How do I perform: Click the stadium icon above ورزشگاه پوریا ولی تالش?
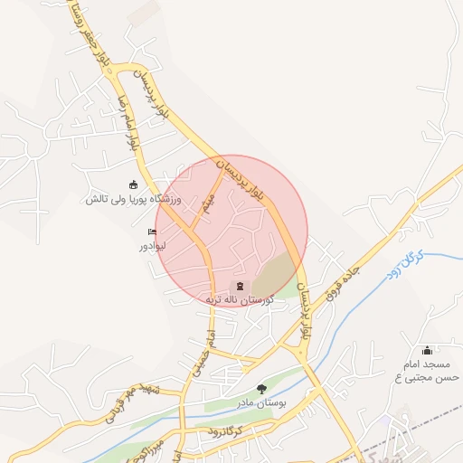click(x=135, y=184)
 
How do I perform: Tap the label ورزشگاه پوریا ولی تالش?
click(x=135, y=199)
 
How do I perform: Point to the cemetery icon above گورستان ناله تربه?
click(x=239, y=285)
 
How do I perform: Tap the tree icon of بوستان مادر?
click(x=261, y=388)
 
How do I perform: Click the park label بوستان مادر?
click(x=261, y=402)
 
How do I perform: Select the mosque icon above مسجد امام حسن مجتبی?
click(x=428, y=351)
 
